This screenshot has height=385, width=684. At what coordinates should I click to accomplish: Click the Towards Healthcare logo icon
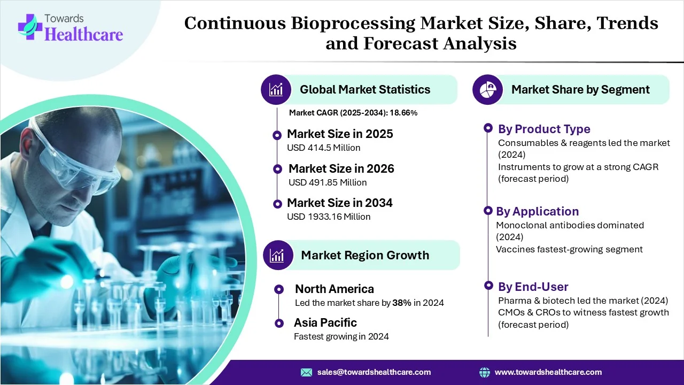point(29,27)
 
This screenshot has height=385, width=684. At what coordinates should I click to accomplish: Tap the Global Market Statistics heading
point(364,89)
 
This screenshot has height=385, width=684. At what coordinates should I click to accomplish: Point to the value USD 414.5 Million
point(323,148)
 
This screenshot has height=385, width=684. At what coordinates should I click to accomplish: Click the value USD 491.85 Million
point(327,182)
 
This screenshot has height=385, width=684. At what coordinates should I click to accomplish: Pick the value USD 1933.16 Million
point(328,217)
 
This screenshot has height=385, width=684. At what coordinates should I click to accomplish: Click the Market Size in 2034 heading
point(339,203)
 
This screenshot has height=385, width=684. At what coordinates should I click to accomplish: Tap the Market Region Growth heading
point(364,255)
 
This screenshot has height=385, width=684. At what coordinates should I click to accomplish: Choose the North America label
point(334,289)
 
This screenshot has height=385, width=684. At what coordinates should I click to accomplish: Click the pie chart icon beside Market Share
point(487,89)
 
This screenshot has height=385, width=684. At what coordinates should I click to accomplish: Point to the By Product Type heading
point(544,129)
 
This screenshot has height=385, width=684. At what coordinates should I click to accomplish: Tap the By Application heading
point(537,211)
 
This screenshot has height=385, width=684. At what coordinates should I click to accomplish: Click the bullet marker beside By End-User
point(487,285)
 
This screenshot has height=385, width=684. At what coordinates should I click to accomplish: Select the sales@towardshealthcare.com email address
point(374,372)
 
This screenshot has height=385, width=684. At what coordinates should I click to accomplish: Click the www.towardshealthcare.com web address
point(548,372)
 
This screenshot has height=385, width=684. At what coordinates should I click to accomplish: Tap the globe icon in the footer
point(485,372)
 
